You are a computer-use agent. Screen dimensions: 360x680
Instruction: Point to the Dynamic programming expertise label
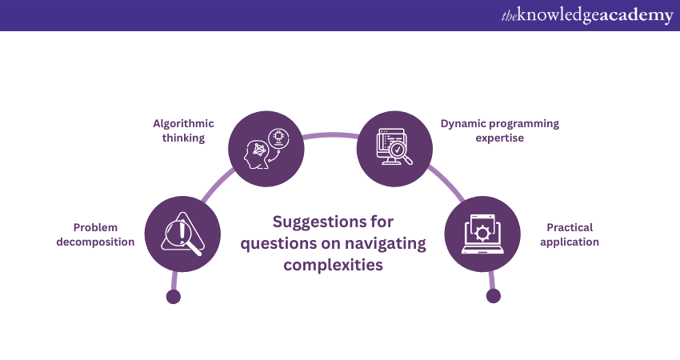500,130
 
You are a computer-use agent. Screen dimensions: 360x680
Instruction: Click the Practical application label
570,234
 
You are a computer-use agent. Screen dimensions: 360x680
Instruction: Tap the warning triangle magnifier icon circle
182,235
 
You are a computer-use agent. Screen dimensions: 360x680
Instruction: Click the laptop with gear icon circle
482,235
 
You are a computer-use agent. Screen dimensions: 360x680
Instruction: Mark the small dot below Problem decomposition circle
173,297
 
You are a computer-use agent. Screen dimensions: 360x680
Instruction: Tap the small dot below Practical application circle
493,296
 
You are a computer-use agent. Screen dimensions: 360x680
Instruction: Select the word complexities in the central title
333,265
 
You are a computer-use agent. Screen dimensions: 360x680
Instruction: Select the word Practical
570,227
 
